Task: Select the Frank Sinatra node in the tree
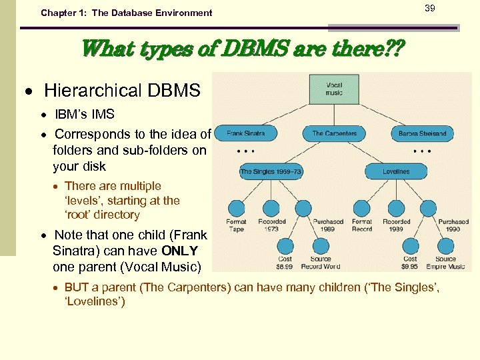coord(245,133)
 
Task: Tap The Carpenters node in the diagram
coord(334,133)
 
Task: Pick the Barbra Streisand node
coord(422,133)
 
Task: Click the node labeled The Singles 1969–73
coord(271,171)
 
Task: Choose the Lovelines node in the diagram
coord(396,171)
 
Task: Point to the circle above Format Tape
coord(236,208)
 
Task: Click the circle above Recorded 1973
coord(271,208)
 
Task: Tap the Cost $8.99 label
coord(285,263)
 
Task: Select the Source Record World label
coord(321,263)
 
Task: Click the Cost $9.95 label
coord(411,263)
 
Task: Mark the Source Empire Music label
coord(445,263)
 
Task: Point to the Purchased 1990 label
coord(453,225)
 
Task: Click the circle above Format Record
coord(362,208)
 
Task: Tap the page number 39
coord(430,7)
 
